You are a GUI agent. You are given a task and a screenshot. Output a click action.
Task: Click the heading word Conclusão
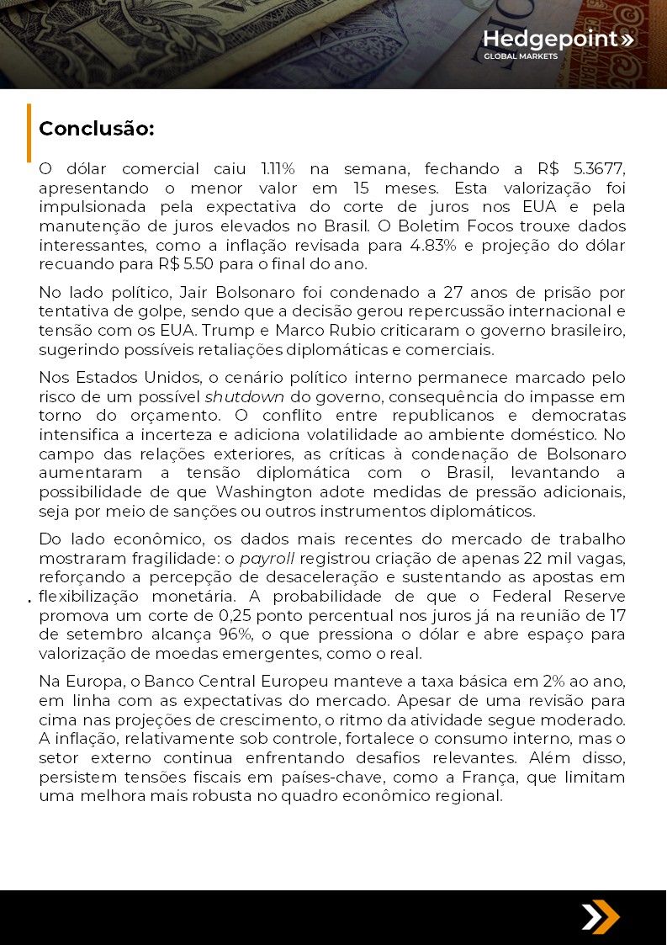pyautogui.click(x=97, y=129)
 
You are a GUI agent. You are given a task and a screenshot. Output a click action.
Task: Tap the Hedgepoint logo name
pyautogui.click(x=550, y=39)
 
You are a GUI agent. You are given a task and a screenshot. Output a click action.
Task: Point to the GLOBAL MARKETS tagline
pyautogui.click(x=520, y=56)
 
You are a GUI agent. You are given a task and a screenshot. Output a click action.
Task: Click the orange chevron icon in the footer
pyautogui.click(x=601, y=916)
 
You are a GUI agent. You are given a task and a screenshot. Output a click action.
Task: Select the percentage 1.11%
pyautogui.click(x=278, y=169)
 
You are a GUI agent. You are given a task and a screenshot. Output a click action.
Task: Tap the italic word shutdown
pyautogui.click(x=245, y=397)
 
